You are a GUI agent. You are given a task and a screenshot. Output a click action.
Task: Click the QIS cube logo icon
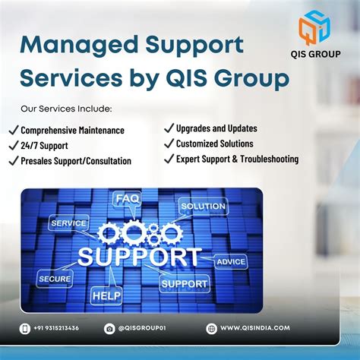point(314,27)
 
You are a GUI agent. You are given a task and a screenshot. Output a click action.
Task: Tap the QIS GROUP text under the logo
point(315,54)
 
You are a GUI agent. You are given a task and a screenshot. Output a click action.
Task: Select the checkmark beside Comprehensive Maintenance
point(14,130)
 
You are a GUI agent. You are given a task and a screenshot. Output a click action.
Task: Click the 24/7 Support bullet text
point(44,146)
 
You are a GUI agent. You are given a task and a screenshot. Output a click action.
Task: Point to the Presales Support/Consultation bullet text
point(76,161)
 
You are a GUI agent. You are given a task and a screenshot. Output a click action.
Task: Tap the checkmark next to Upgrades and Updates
point(169,128)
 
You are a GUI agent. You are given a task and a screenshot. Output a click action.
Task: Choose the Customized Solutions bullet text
point(215,144)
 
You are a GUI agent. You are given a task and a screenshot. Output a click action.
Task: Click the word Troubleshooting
point(270,159)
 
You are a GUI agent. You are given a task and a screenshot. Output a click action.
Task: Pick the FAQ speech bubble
point(127,199)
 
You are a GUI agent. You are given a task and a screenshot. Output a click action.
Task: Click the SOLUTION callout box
point(204,206)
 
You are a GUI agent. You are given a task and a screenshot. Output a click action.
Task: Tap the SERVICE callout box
point(68,223)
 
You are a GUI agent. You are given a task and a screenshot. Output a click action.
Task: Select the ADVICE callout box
point(231,261)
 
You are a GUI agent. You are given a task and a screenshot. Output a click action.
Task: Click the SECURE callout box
point(55,279)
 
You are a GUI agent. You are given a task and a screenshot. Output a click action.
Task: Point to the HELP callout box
point(106,295)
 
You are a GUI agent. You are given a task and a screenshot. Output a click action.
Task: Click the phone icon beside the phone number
point(25,329)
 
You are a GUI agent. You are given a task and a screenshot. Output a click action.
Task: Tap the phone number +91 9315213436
point(56,328)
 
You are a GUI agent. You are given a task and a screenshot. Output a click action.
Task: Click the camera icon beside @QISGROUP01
point(109,329)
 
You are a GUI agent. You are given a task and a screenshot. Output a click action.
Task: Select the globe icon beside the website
point(212,329)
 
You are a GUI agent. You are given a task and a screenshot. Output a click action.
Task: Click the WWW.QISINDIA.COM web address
point(255,328)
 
